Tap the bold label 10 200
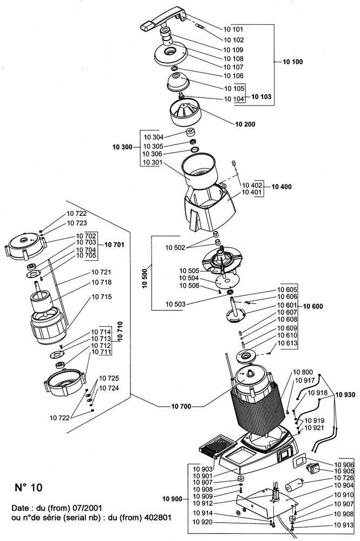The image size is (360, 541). [x=245, y=124]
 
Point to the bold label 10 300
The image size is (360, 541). [x=123, y=147]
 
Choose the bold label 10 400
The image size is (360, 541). [x=282, y=187]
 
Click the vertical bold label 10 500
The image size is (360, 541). [x=144, y=273]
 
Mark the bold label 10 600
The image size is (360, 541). [x=313, y=306]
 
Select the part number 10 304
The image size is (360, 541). [x=154, y=137]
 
